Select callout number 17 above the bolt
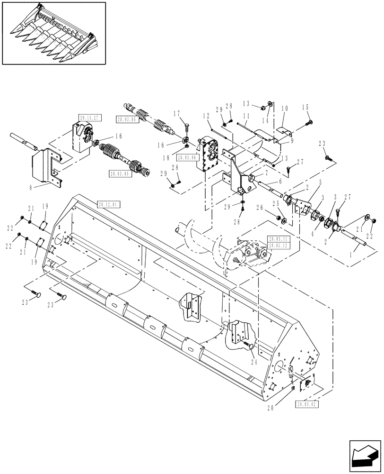click(176, 113)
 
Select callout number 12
click(207, 116)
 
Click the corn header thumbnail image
click(53, 32)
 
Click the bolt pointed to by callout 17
click(185, 127)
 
